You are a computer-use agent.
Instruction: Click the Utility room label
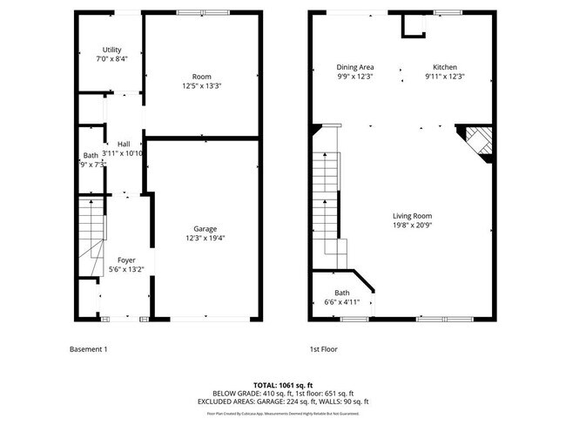111,50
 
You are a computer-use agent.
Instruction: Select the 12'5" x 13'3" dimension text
202,86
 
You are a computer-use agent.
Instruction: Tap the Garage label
205,229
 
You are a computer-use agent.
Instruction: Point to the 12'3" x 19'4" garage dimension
205,239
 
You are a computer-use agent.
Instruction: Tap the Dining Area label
355,67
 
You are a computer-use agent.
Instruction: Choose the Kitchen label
445,67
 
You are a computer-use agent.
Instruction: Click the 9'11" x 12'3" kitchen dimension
445,77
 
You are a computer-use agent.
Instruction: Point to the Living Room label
412,216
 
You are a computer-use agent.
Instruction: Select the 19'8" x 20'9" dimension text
412,226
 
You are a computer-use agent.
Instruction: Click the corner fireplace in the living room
477,142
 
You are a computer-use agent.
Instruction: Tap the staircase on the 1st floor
324,200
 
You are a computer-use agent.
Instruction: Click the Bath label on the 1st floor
341,293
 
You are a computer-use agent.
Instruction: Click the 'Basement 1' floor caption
88,349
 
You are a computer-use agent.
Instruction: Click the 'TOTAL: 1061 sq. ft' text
283,384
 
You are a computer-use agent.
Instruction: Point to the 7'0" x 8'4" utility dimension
111,59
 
